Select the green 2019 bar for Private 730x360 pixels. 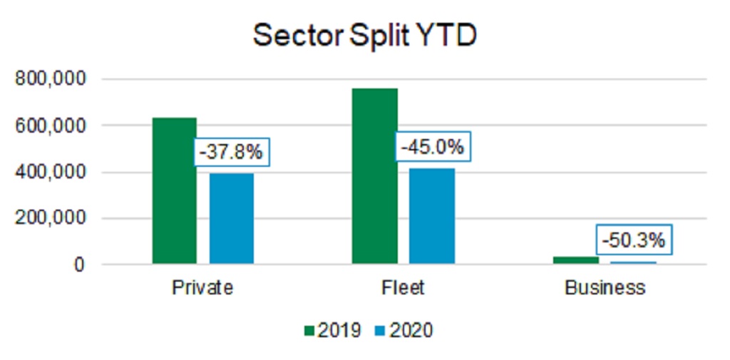(x=175, y=191)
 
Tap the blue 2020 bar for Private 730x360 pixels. (x=231, y=219)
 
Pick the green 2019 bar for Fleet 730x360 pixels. (x=375, y=176)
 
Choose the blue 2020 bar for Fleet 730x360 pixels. (x=432, y=216)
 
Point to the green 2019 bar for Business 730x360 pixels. (x=575, y=260)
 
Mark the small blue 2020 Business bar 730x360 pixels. (x=633, y=263)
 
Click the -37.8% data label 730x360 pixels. (x=230, y=152)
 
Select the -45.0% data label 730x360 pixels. (x=432, y=148)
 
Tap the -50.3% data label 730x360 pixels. (x=633, y=240)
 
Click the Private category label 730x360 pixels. (x=202, y=288)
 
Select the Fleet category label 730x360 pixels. (x=403, y=288)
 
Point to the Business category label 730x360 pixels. (x=605, y=288)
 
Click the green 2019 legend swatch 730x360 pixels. (x=309, y=331)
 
